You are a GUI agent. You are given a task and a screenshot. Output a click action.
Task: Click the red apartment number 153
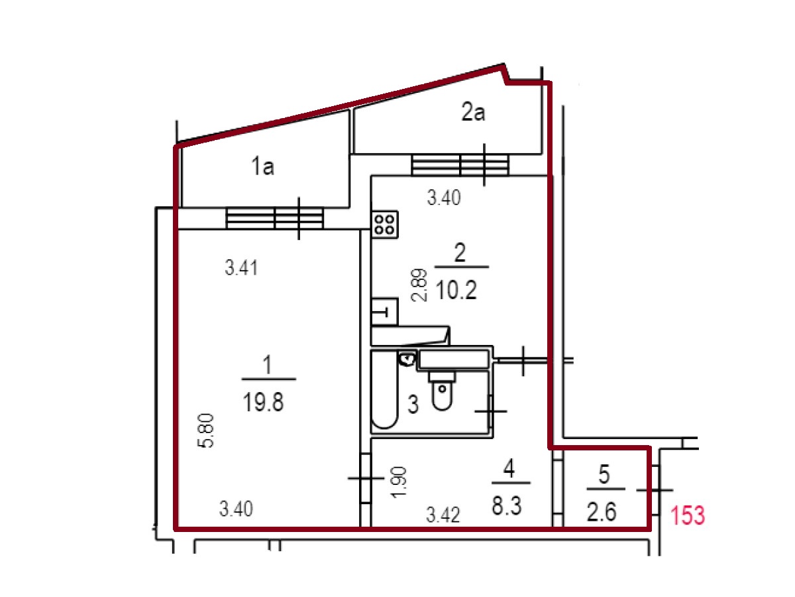tap(688, 516)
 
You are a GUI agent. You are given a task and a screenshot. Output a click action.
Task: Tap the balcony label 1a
tap(262, 166)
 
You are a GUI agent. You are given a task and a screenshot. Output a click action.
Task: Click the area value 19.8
tap(263, 403)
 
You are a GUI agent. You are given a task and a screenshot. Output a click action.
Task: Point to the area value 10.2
tap(456, 290)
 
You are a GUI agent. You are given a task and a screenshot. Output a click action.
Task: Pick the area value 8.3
tap(506, 505)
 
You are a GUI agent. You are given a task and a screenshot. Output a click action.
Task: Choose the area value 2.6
tap(602, 512)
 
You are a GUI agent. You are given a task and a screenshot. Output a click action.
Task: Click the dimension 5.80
tap(206, 431)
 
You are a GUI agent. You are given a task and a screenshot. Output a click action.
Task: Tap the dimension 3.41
tap(241, 268)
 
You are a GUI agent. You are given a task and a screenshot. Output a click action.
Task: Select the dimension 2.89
tap(419, 285)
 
